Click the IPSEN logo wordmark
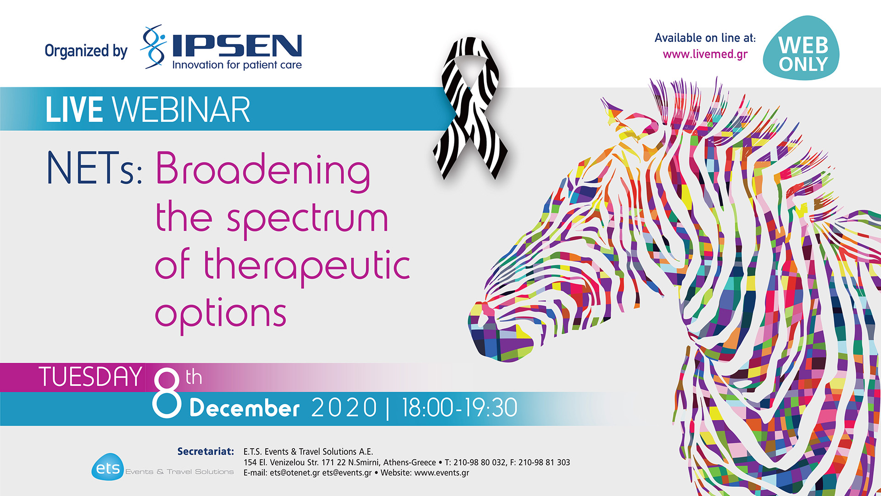click(x=237, y=46)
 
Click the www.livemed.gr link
click(x=705, y=54)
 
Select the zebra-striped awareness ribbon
click(x=470, y=108)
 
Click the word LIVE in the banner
click(x=74, y=110)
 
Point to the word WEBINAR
click(x=181, y=110)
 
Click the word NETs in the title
click(x=94, y=169)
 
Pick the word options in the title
click(x=221, y=315)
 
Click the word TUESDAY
click(x=90, y=377)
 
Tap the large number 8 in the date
click(x=167, y=393)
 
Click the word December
click(x=244, y=408)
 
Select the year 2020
click(x=344, y=408)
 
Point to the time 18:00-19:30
click(x=459, y=408)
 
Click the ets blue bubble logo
click(x=108, y=468)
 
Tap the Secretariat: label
click(x=206, y=451)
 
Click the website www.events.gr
click(x=441, y=473)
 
